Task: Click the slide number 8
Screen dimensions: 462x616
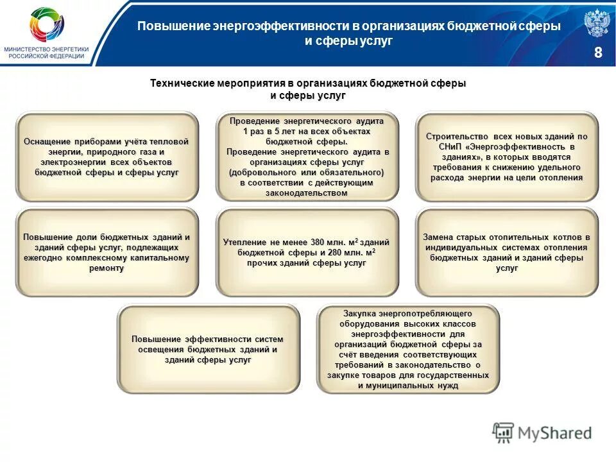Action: point(598,53)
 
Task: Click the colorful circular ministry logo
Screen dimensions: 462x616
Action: point(46,25)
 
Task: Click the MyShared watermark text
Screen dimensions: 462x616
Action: point(556,433)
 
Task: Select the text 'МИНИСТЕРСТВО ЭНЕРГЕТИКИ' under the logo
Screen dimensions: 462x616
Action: point(46,49)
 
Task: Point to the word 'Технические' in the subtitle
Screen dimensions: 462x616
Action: point(182,83)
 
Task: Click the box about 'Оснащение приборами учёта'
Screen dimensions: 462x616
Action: point(107,157)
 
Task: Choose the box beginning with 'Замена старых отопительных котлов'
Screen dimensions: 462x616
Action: point(506,252)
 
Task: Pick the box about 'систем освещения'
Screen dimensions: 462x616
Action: point(208,349)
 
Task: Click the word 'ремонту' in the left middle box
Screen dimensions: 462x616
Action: point(107,268)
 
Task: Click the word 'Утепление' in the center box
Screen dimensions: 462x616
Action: point(245,243)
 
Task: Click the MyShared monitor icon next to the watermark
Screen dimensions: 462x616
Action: point(504,432)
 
